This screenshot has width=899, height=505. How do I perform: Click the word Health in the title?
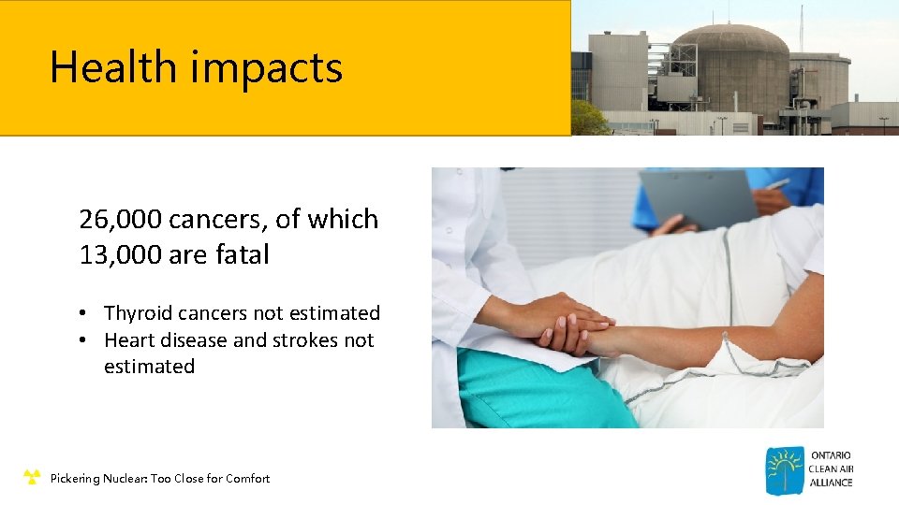[112, 67]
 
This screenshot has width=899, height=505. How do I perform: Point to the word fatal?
[243, 253]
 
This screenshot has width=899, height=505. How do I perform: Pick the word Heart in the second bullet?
[126, 340]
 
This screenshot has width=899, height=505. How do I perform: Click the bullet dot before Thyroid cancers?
[84, 314]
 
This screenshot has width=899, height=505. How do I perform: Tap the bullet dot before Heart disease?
[84, 341]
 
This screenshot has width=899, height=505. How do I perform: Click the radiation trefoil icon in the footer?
[32, 478]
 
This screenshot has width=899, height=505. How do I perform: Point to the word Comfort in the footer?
[246, 478]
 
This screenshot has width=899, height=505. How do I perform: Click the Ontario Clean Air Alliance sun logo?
[785, 470]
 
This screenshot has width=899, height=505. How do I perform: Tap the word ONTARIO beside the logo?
[832, 455]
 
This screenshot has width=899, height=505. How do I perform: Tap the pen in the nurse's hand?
[776, 184]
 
